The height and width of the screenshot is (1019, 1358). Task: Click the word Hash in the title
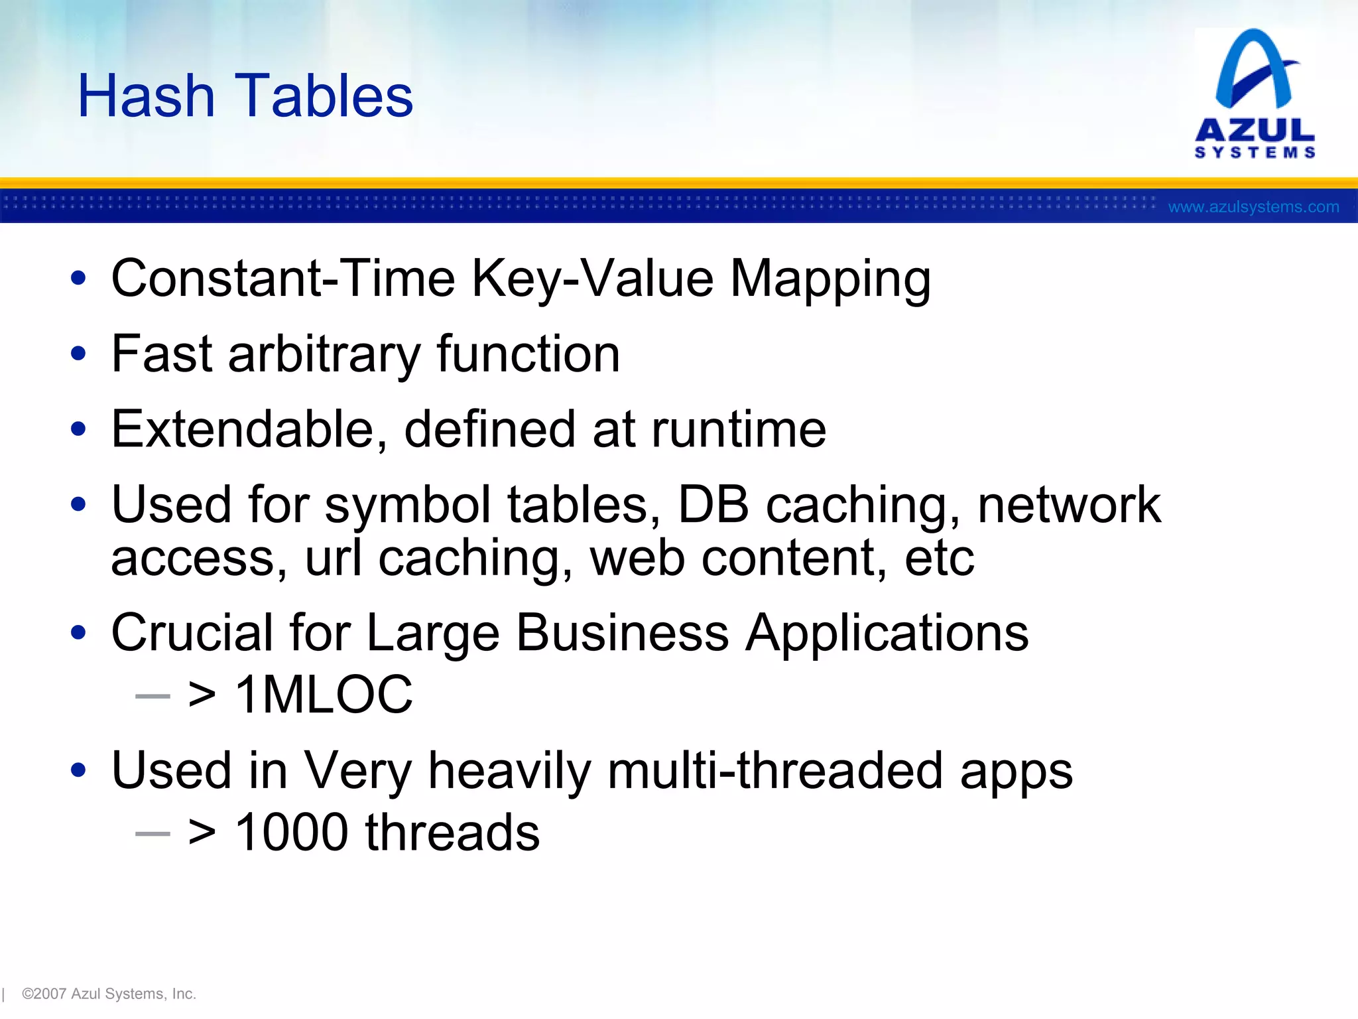coord(146,96)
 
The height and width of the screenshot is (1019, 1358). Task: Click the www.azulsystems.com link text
coord(1253,207)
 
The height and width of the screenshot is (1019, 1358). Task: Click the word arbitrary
coord(324,355)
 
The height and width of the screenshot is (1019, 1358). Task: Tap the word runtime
coord(739,430)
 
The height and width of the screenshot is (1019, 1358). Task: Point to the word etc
coord(939,559)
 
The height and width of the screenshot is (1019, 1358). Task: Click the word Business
coord(622,633)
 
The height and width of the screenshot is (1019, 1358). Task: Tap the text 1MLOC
coord(324,695)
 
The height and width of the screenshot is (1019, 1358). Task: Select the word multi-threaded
coord(774,771)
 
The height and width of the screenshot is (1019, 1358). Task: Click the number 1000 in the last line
coord(292,833)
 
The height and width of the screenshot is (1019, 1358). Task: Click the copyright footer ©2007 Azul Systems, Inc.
coord(109,994)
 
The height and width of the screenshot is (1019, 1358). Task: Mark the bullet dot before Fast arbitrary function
coord(78,354)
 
